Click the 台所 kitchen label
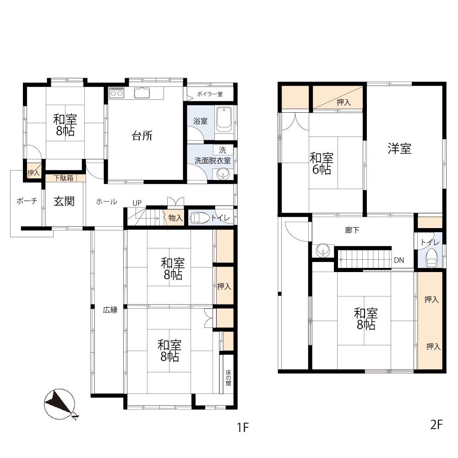pos(142,136)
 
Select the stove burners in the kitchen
pos(116,93)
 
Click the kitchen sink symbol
pos(142,93)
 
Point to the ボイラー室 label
pos(210,94)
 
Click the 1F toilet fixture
pos(200,218)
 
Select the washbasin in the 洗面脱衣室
pos(223,175)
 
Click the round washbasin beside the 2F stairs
pos(323,251)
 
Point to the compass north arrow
pos(59,404)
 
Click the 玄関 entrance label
pos(64,201)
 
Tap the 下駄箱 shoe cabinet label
pos(63,178)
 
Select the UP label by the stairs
pos(137,203)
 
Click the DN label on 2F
pos(399,260)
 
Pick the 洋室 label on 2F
pos(399,149)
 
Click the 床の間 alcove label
pos(229,378)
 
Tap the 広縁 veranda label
pos(110,310)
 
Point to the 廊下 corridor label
pos(352,230)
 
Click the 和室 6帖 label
pos(322,164)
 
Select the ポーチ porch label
pos(27,201)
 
